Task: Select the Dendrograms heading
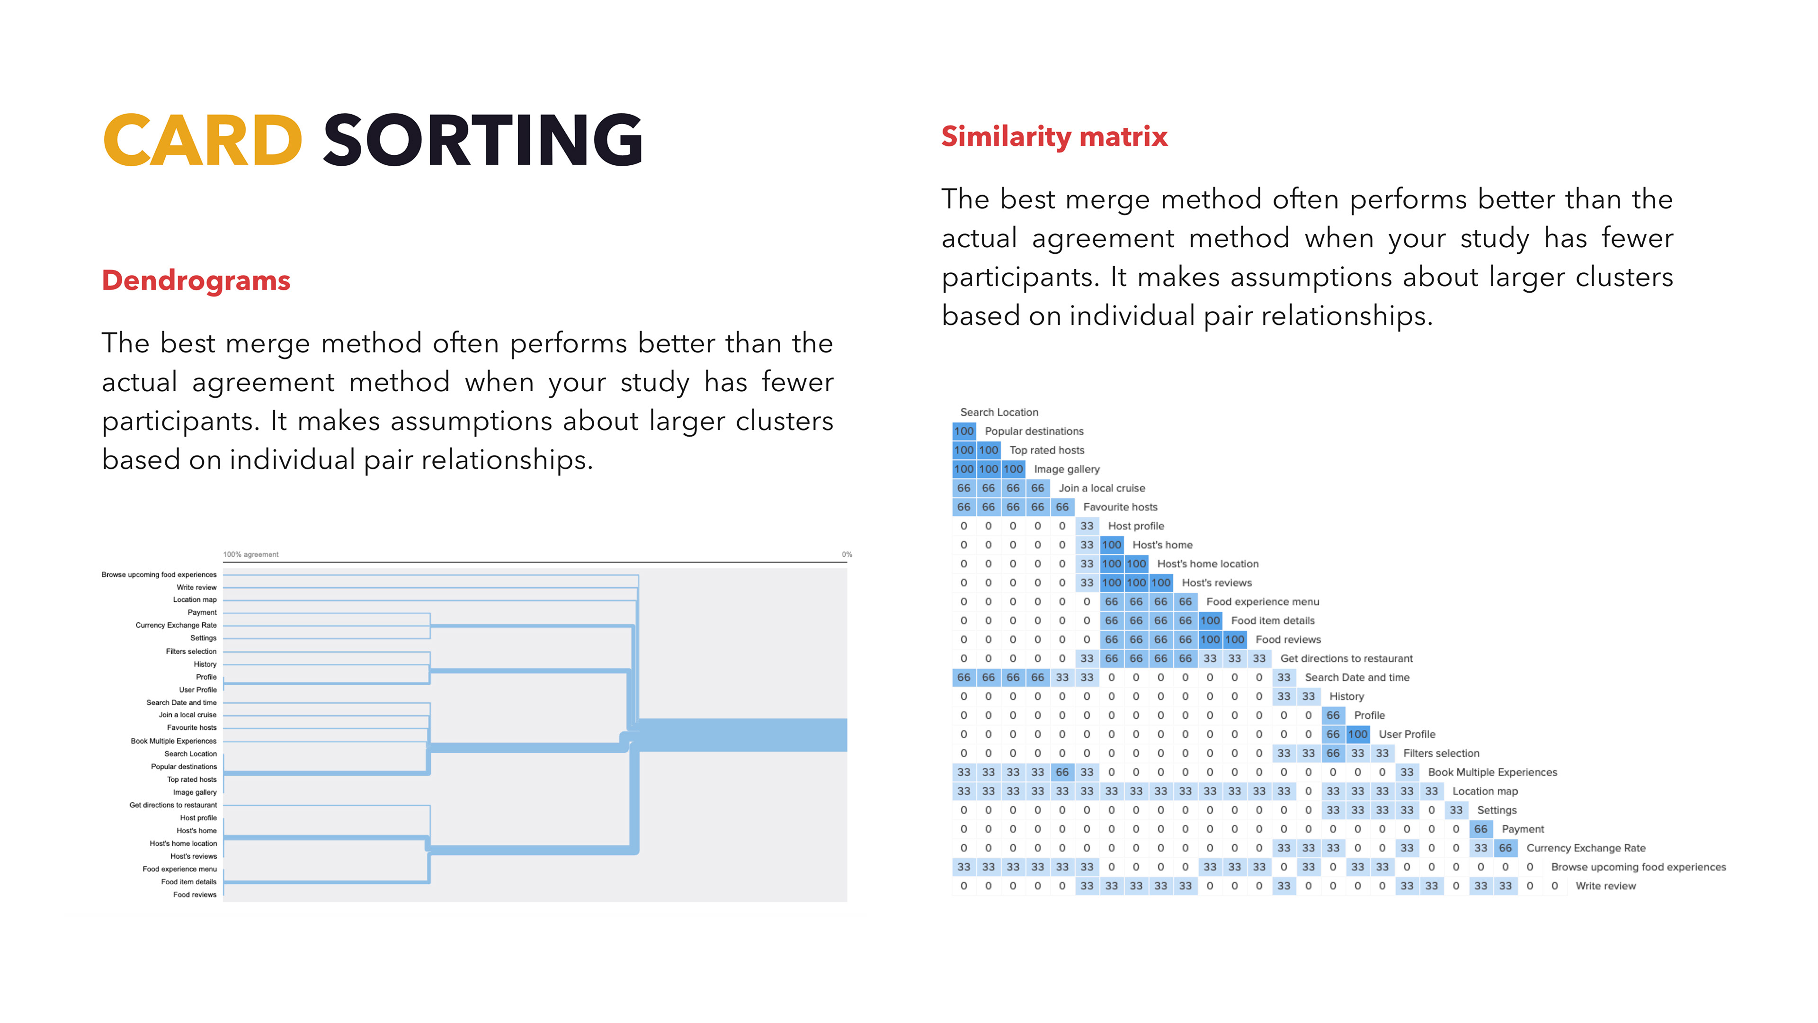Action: pyautogui.click(x=196, y=280)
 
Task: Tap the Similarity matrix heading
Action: pyautogui.click(x=1054, y=136)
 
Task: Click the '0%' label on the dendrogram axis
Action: pyautogui.click(x=847, y=554)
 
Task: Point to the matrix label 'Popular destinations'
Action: pyautogui.click(x=1034, y=431)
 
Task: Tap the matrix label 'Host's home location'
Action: pyautogui.click(x=1208, y=564)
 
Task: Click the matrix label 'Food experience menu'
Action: pyautogui.click(x=1263, y=601)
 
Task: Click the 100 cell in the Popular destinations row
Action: pyautogui.click(x=964, y=431)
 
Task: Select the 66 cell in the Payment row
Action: pyautogui.click(x=1480, y=829)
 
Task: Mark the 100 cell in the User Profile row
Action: pyautogui.click(x=1358, y=734)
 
